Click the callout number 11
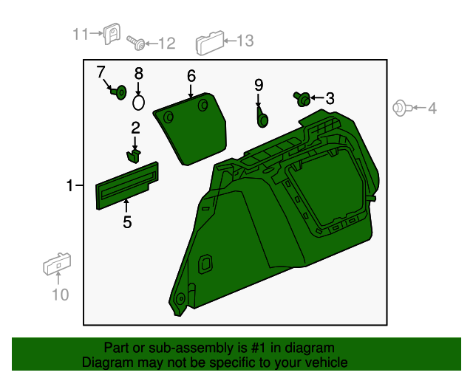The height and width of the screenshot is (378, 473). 81,34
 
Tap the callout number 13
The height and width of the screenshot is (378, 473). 245,41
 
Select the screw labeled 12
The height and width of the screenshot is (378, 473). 135,43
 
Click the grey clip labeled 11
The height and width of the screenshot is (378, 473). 112,34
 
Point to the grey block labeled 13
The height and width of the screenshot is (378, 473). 210,43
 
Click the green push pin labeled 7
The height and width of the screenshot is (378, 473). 118,92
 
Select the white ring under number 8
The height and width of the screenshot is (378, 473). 138,102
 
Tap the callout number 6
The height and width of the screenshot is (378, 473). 191,76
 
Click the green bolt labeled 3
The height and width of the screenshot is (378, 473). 302,99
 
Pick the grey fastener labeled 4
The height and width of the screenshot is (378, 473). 402,108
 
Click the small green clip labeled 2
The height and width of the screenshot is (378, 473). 133,156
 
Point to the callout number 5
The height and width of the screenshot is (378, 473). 127,222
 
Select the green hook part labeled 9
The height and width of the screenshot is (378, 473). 262,117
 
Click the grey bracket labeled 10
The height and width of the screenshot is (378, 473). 57,264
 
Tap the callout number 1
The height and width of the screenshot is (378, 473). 69,185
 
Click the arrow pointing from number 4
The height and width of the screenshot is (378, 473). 419,108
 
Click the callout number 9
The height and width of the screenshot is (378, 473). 259,85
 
